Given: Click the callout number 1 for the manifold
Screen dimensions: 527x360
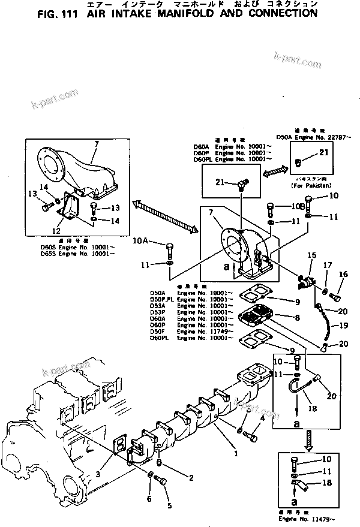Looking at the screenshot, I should tap(236, 454).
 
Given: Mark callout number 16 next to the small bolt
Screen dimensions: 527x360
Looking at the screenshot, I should tap(344, 274).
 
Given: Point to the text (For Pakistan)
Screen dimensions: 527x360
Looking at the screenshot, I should tap(311, 186).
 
